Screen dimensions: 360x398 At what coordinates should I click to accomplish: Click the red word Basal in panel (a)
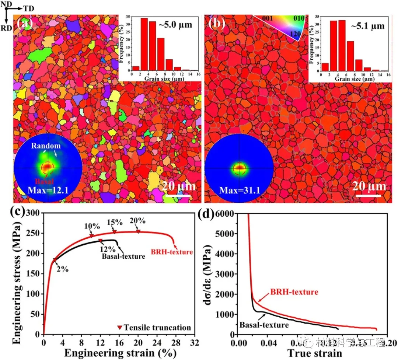[x=40, y=182]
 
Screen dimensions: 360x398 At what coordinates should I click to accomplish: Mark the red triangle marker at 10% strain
[x=91, y=236]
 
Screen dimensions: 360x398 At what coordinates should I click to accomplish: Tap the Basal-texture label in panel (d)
[x=264, y=325]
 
